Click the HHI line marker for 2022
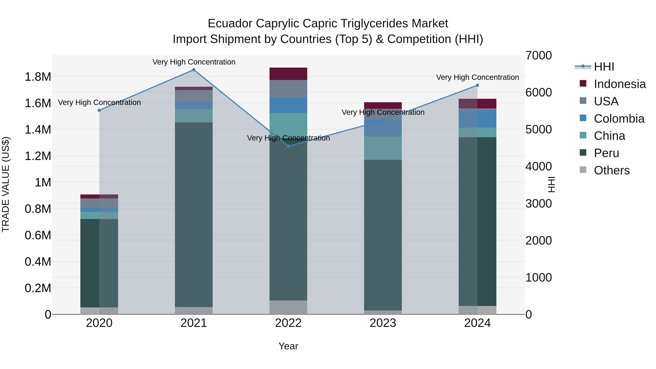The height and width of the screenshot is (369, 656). point(288,146)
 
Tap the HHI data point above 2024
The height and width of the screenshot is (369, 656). point(477,86)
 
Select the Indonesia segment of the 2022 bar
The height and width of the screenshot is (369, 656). point(288,74)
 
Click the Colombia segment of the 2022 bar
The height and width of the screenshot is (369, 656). point(288,105)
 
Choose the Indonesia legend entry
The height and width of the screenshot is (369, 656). point(620,84)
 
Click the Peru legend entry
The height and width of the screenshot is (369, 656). point(606,153)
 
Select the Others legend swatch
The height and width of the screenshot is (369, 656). point(583,170)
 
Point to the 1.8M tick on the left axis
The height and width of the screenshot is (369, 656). point(38,77)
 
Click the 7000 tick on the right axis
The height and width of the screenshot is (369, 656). point(539,56)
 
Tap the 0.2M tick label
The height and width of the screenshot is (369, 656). point(38,288)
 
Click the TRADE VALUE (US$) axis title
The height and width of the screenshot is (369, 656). point(6,184)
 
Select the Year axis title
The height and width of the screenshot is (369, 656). point(288,346)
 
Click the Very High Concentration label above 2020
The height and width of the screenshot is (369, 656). point(99,102)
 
